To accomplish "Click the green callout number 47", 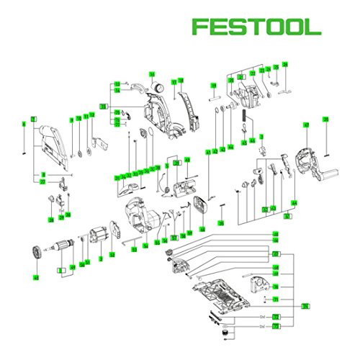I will coord(305,126).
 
